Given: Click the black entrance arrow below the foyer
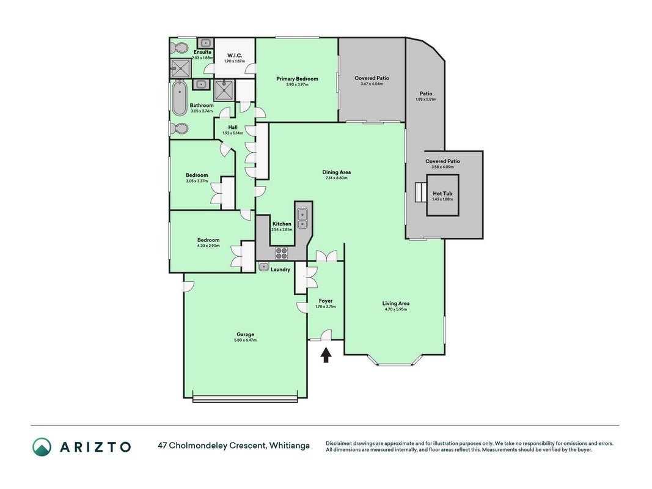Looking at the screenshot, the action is pyautogui.click(x=326, y=355).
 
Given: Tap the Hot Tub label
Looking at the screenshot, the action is pyautogui.click(x=442, y=193).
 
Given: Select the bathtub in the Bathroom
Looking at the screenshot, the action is pyautogui.click(x=180, y=98).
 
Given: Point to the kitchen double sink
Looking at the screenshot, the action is pyautogui.click(x=302, y=218).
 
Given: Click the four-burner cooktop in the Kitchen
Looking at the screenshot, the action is pyautogui.click(x=281, y=253).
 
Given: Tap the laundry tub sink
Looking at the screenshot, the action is pyautogui.click(x=263, y=267).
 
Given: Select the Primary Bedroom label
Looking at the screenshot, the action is pyautogui.click(x=297, y=79).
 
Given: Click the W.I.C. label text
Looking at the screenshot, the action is pyautogui.click(x=235, y=56).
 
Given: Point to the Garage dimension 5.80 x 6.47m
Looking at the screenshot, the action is pyautogui.click(x=245, y=340).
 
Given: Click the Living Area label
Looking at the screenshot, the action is pyautogui.click(x=395, y=304).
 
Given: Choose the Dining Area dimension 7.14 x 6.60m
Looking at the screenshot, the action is pyautogui.click(x=337, y=178).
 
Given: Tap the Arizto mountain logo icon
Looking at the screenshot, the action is pyautogui.click(x=42, y=447).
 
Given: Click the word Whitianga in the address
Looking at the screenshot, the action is pyautogui.click(x=290, y=446).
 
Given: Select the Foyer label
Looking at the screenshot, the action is pyautogui.click(x=326, y=301).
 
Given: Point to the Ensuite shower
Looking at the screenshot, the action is pyautogui.click(x=181, y=68).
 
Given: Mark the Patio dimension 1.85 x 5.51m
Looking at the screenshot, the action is pyautogui.click(x=426, y=100).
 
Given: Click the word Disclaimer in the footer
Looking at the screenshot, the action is pyautogui.click(x=339, y=444).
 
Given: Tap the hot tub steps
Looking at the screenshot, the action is pyautogui.click(x=420, y=193).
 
